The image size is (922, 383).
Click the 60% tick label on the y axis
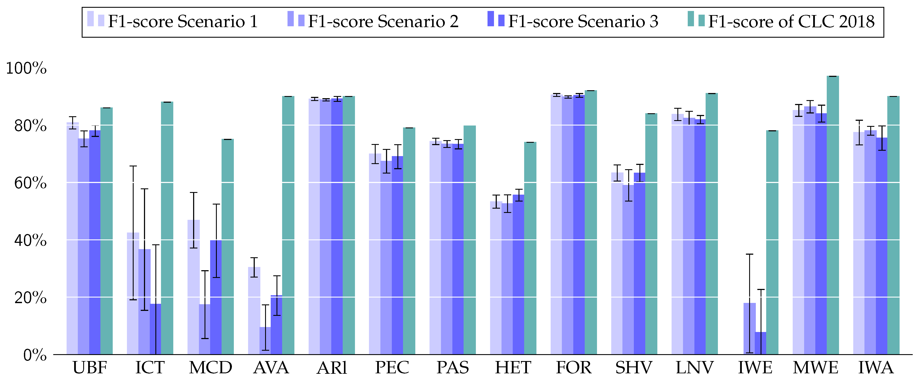coord(30,183)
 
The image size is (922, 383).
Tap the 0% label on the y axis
coord(35,355)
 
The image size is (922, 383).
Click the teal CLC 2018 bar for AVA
coord(288,225)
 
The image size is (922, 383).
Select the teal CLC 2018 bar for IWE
coord(772,243)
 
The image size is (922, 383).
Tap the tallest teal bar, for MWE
coord(833,215)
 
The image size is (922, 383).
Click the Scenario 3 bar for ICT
coord(155,329)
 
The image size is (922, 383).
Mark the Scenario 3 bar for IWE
coord(761,343)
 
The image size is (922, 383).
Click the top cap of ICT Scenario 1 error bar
coord(133,166)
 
